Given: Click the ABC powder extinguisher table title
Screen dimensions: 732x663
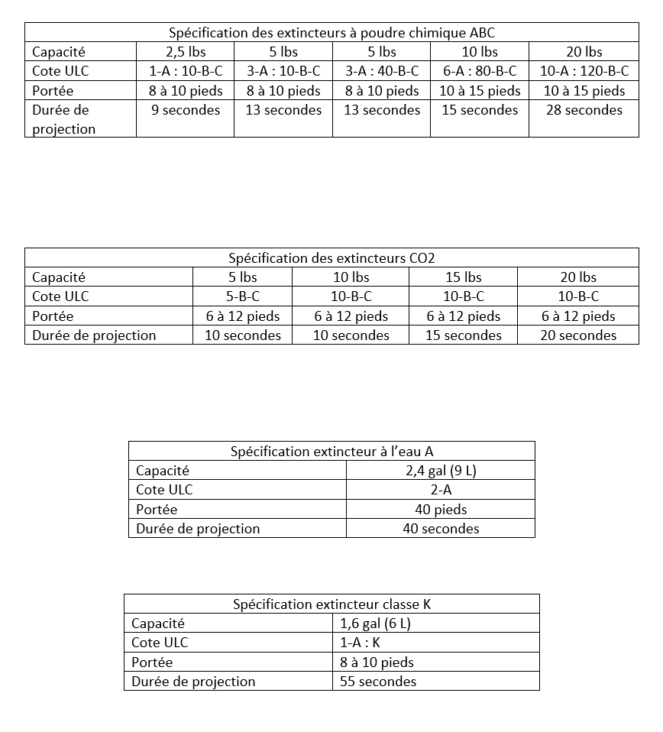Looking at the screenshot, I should click(331, 32).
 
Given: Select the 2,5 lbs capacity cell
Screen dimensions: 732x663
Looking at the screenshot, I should click(186, 52).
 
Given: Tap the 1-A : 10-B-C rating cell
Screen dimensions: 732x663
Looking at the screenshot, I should click(186, 71).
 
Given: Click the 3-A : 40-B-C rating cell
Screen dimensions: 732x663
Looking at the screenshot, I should click(382, 71).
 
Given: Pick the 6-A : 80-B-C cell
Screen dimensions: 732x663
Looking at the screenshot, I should click(480, 71).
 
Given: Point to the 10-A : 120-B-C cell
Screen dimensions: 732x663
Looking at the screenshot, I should click(584, 71).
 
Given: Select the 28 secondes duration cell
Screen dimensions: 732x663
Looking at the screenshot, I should click(584, 110).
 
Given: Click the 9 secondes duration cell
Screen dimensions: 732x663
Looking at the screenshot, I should click(186, 110).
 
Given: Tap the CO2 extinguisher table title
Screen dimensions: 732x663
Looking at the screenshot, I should click(331, 257).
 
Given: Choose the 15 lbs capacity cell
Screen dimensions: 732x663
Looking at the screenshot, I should click(464, 277).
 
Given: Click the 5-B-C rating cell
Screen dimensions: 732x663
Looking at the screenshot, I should click(243, 296).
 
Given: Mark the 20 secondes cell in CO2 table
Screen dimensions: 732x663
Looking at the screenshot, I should click(578, 335).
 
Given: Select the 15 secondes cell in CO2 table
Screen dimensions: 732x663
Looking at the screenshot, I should click(464, 335).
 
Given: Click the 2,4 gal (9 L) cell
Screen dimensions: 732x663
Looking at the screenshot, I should click(441, 471).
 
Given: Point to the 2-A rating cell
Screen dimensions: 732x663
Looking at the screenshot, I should click(441, 490).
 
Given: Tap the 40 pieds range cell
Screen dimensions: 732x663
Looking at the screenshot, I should click(441, 510).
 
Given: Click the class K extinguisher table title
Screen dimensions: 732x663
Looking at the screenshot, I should click(331, 604).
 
